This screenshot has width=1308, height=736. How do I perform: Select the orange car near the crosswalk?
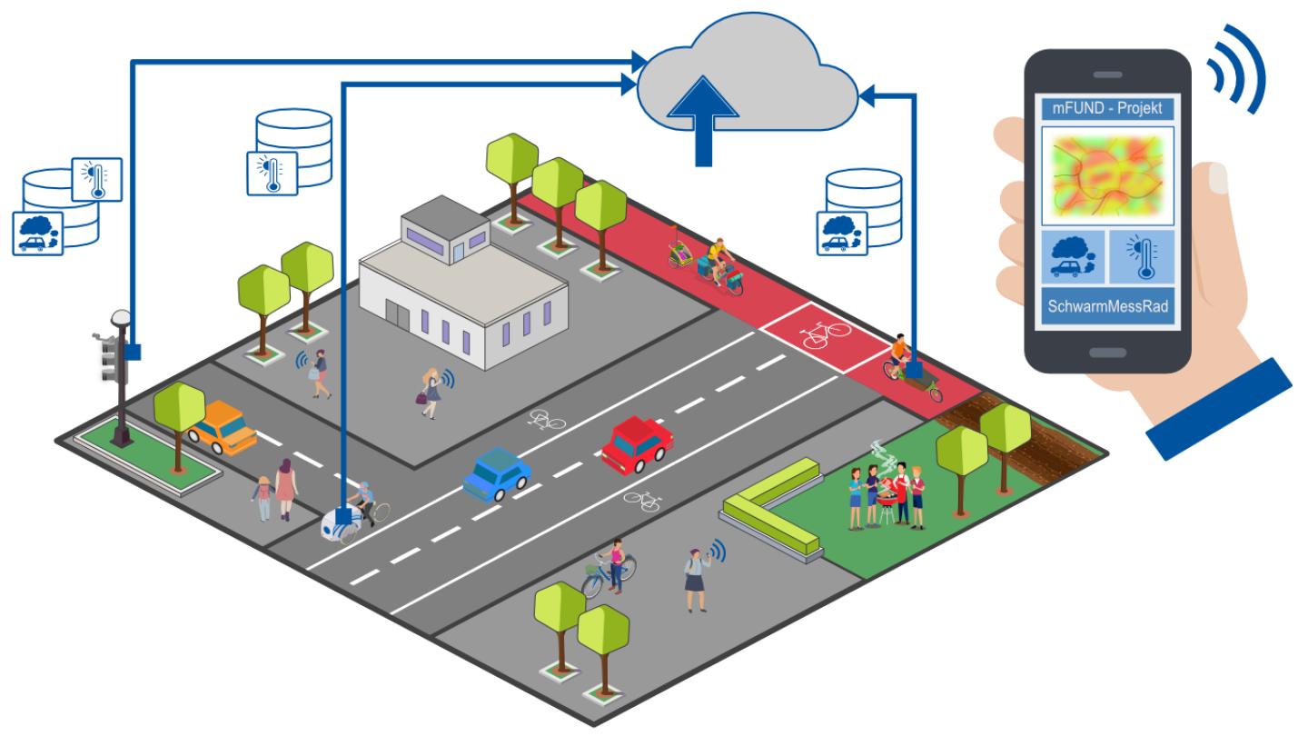[221, 427]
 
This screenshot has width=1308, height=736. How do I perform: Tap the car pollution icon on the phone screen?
[1073, 256]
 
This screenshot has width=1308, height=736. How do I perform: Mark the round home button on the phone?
[1106, 351]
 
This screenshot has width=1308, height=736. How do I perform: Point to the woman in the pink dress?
[286, 487]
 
